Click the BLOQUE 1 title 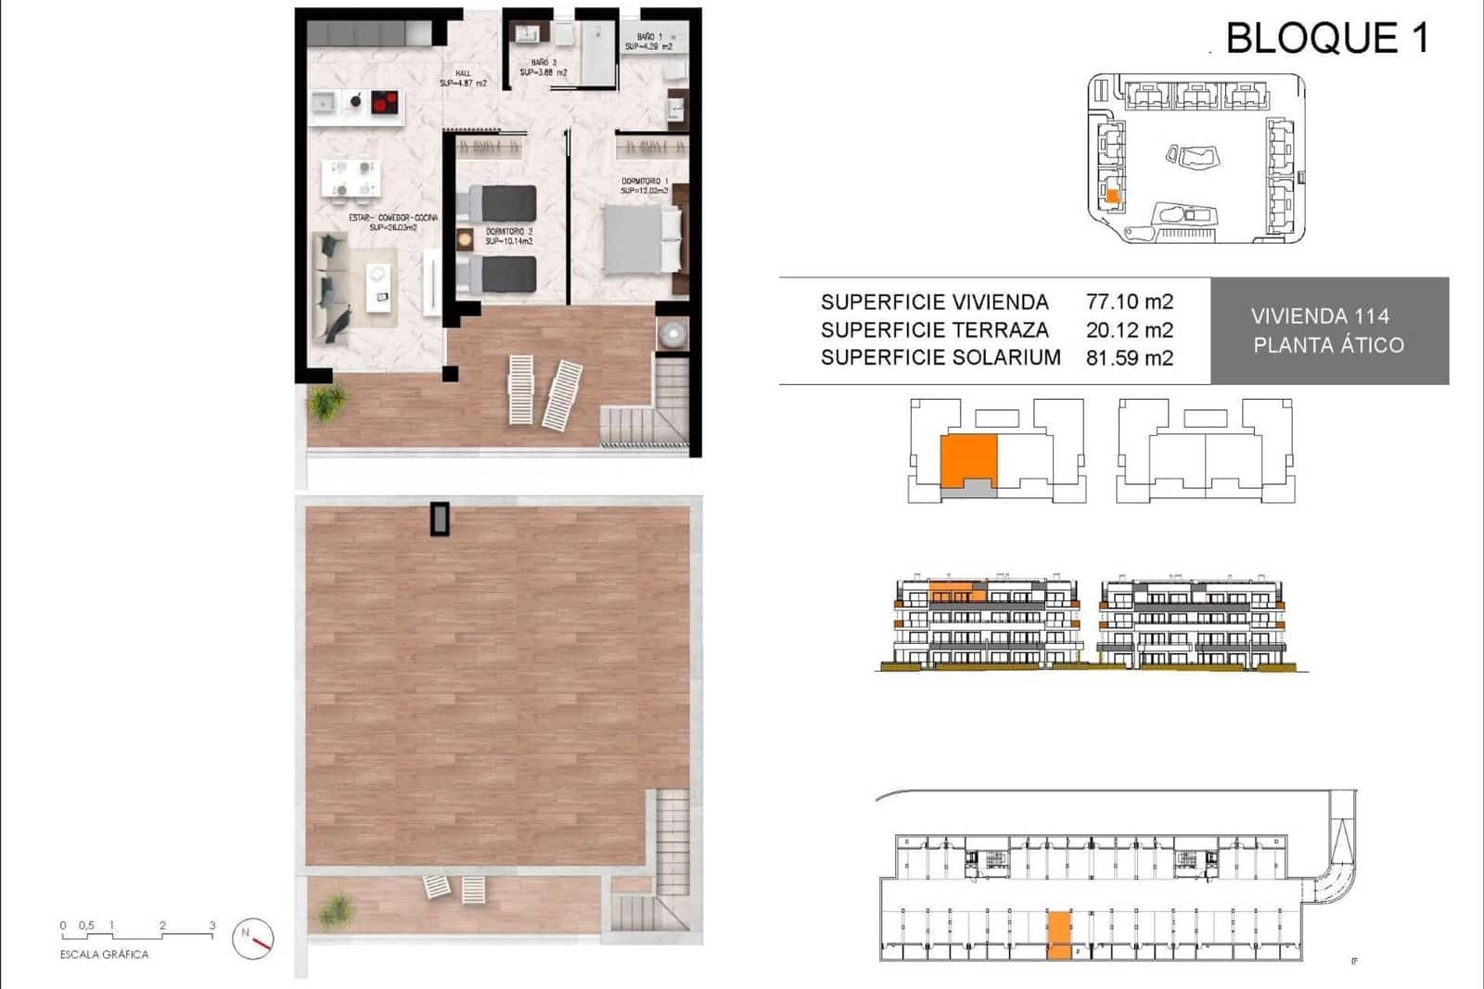click(1326, 38)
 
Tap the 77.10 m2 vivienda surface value click(1129, 302)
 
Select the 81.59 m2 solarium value click(1129, 357)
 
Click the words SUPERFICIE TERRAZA click(934, 329)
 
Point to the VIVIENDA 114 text click(1320, 315)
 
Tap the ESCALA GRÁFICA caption click(104, 954)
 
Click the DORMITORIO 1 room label click(644, 186)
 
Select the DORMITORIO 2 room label click(509, 236)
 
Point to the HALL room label click(463, 78)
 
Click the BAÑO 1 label click(648, 41)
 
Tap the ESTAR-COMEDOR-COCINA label click(393, 222)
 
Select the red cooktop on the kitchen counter click(385, 101)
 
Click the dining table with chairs click(350, 178)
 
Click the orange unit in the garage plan click(1057, 934)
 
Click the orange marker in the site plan click(1113, 196)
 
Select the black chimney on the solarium click(440, 519)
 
